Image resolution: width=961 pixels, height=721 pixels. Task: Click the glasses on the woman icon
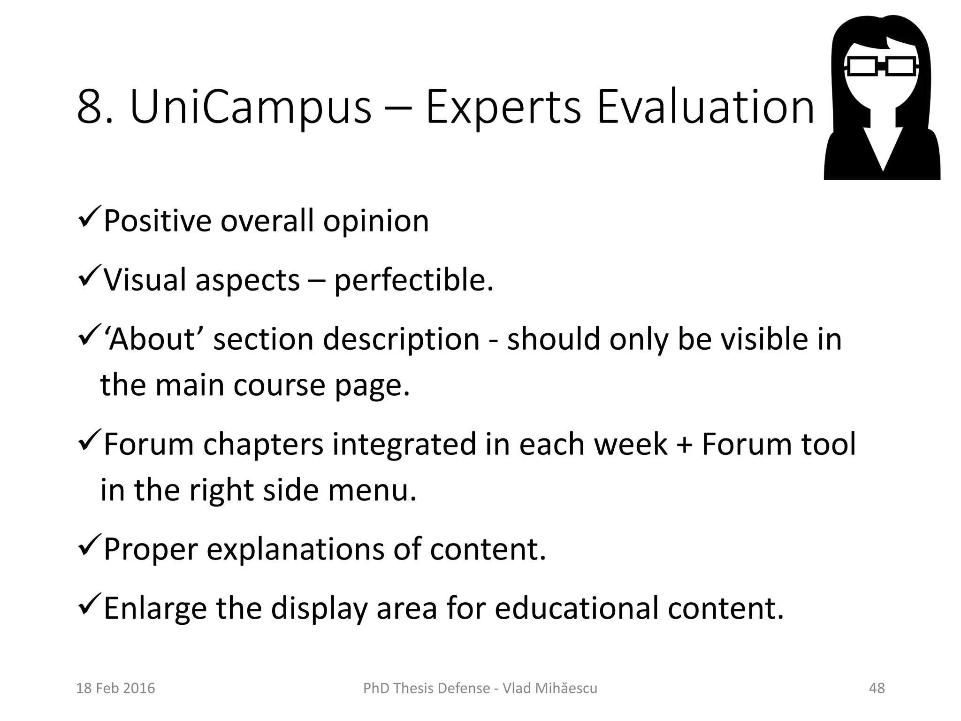pos(882,66)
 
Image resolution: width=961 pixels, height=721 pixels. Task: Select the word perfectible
pos(413,280)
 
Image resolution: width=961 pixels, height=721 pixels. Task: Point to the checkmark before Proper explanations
pos(88,545)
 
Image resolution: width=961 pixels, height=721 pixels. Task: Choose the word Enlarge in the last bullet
pos(155,609)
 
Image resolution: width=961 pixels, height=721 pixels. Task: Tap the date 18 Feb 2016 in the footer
pos(115,688)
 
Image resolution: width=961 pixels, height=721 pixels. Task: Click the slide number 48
pos(877,688)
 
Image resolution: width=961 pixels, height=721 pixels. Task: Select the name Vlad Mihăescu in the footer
pos(550,688)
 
